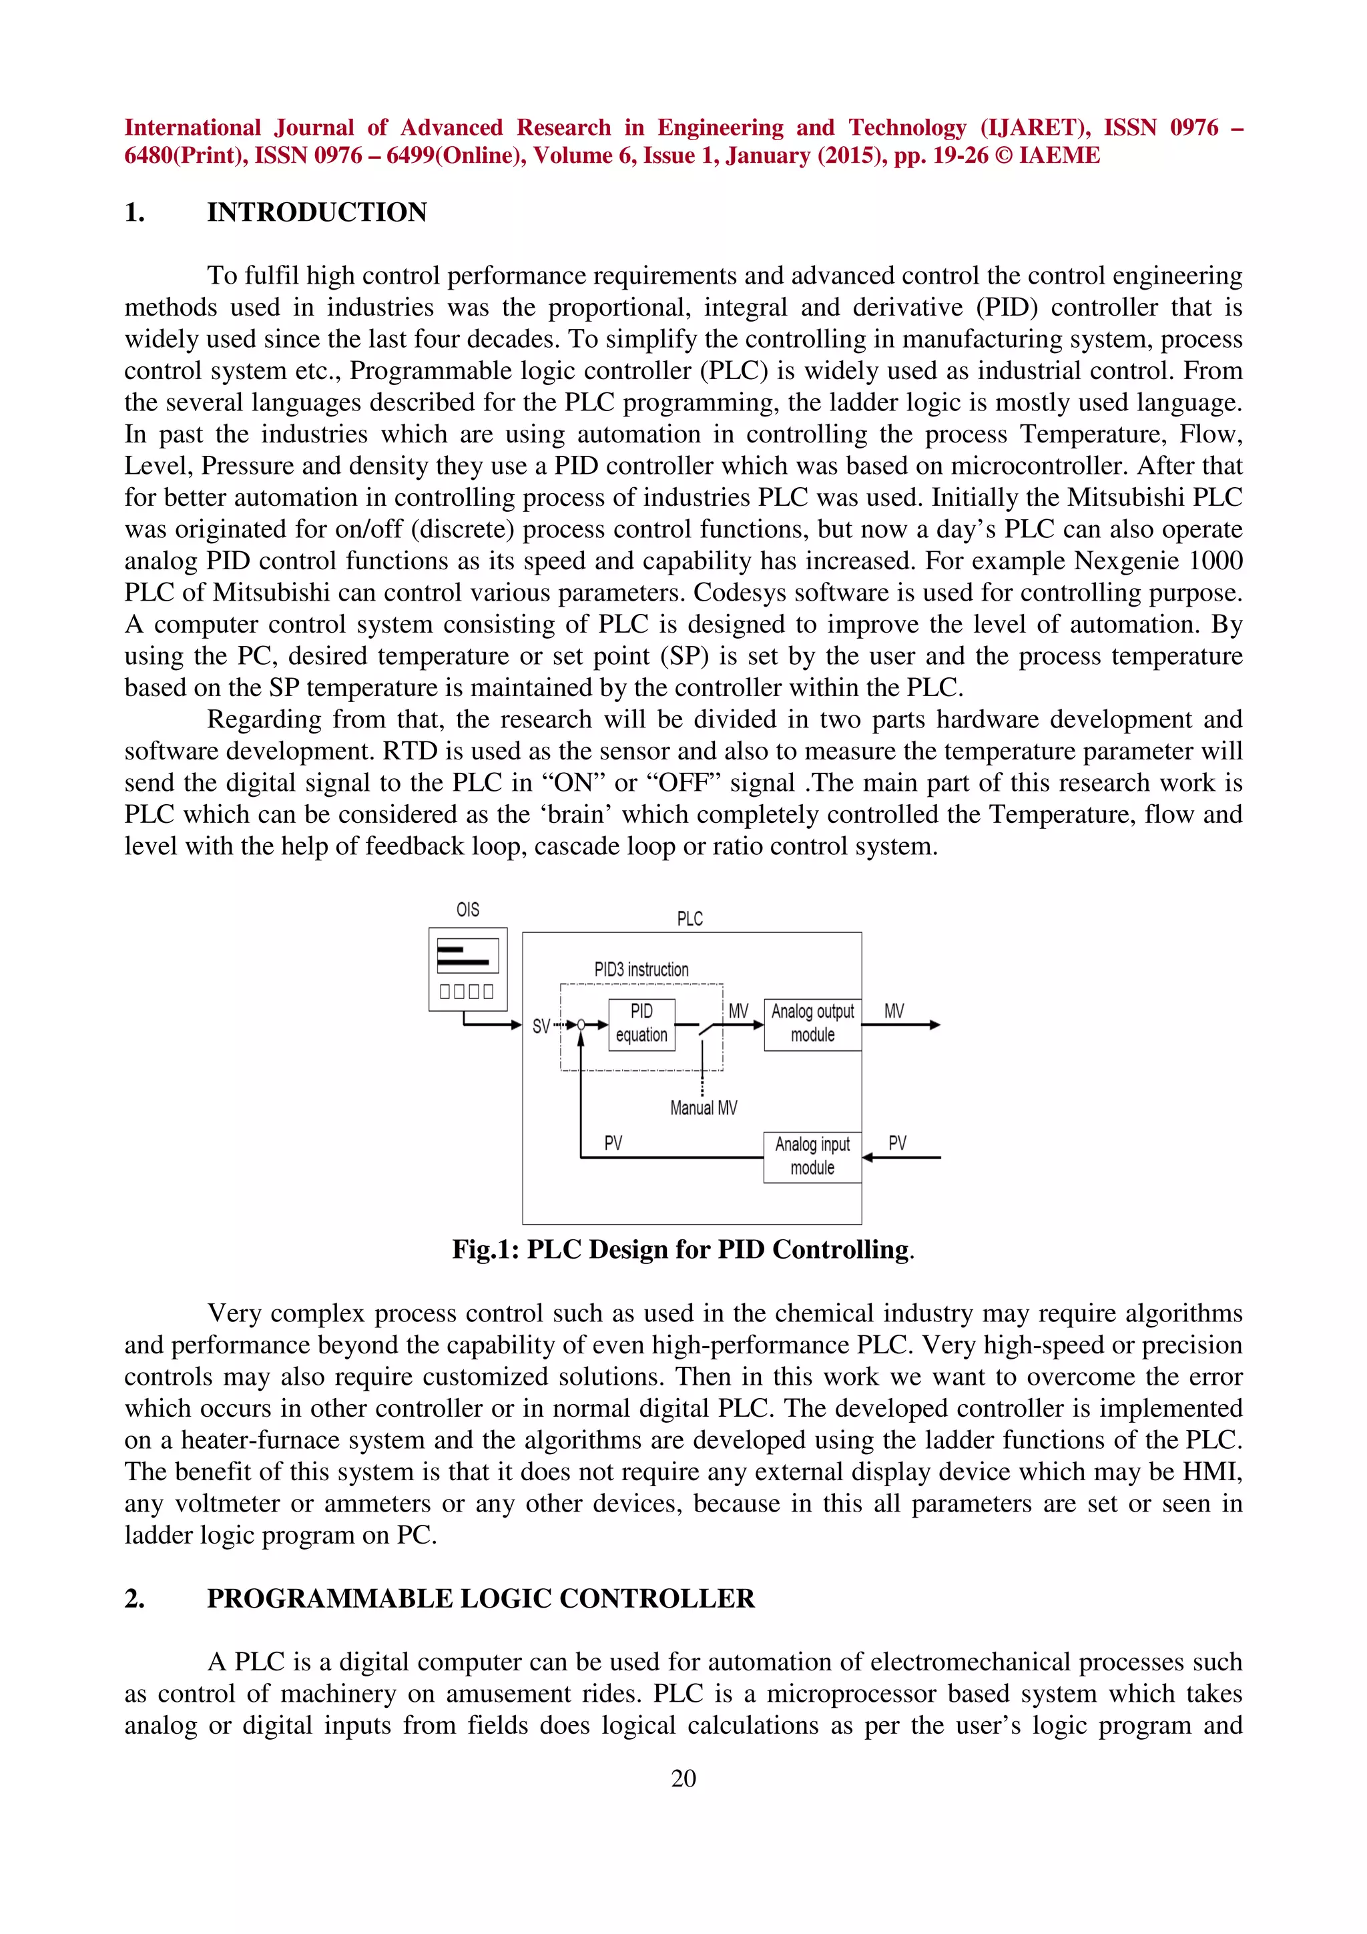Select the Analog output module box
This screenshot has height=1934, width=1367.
pos(812,1024)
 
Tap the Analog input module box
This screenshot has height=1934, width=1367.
pos(812,1157)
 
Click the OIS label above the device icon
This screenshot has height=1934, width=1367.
pos(467,910)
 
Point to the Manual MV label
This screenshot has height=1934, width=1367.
pos(704,1108)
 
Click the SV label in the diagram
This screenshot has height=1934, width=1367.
pos(541,1026)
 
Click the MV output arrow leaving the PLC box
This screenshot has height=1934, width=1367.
pos(901,1025)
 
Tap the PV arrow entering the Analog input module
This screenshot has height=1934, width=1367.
pos(901,1157)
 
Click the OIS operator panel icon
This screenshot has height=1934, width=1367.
pos(467,969)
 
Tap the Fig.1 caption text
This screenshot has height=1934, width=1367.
pos(682,1249)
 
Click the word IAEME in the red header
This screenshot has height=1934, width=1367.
pos(1059,156)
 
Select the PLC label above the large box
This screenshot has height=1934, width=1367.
pos(689,919)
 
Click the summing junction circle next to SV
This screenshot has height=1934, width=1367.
pos(580,1025)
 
